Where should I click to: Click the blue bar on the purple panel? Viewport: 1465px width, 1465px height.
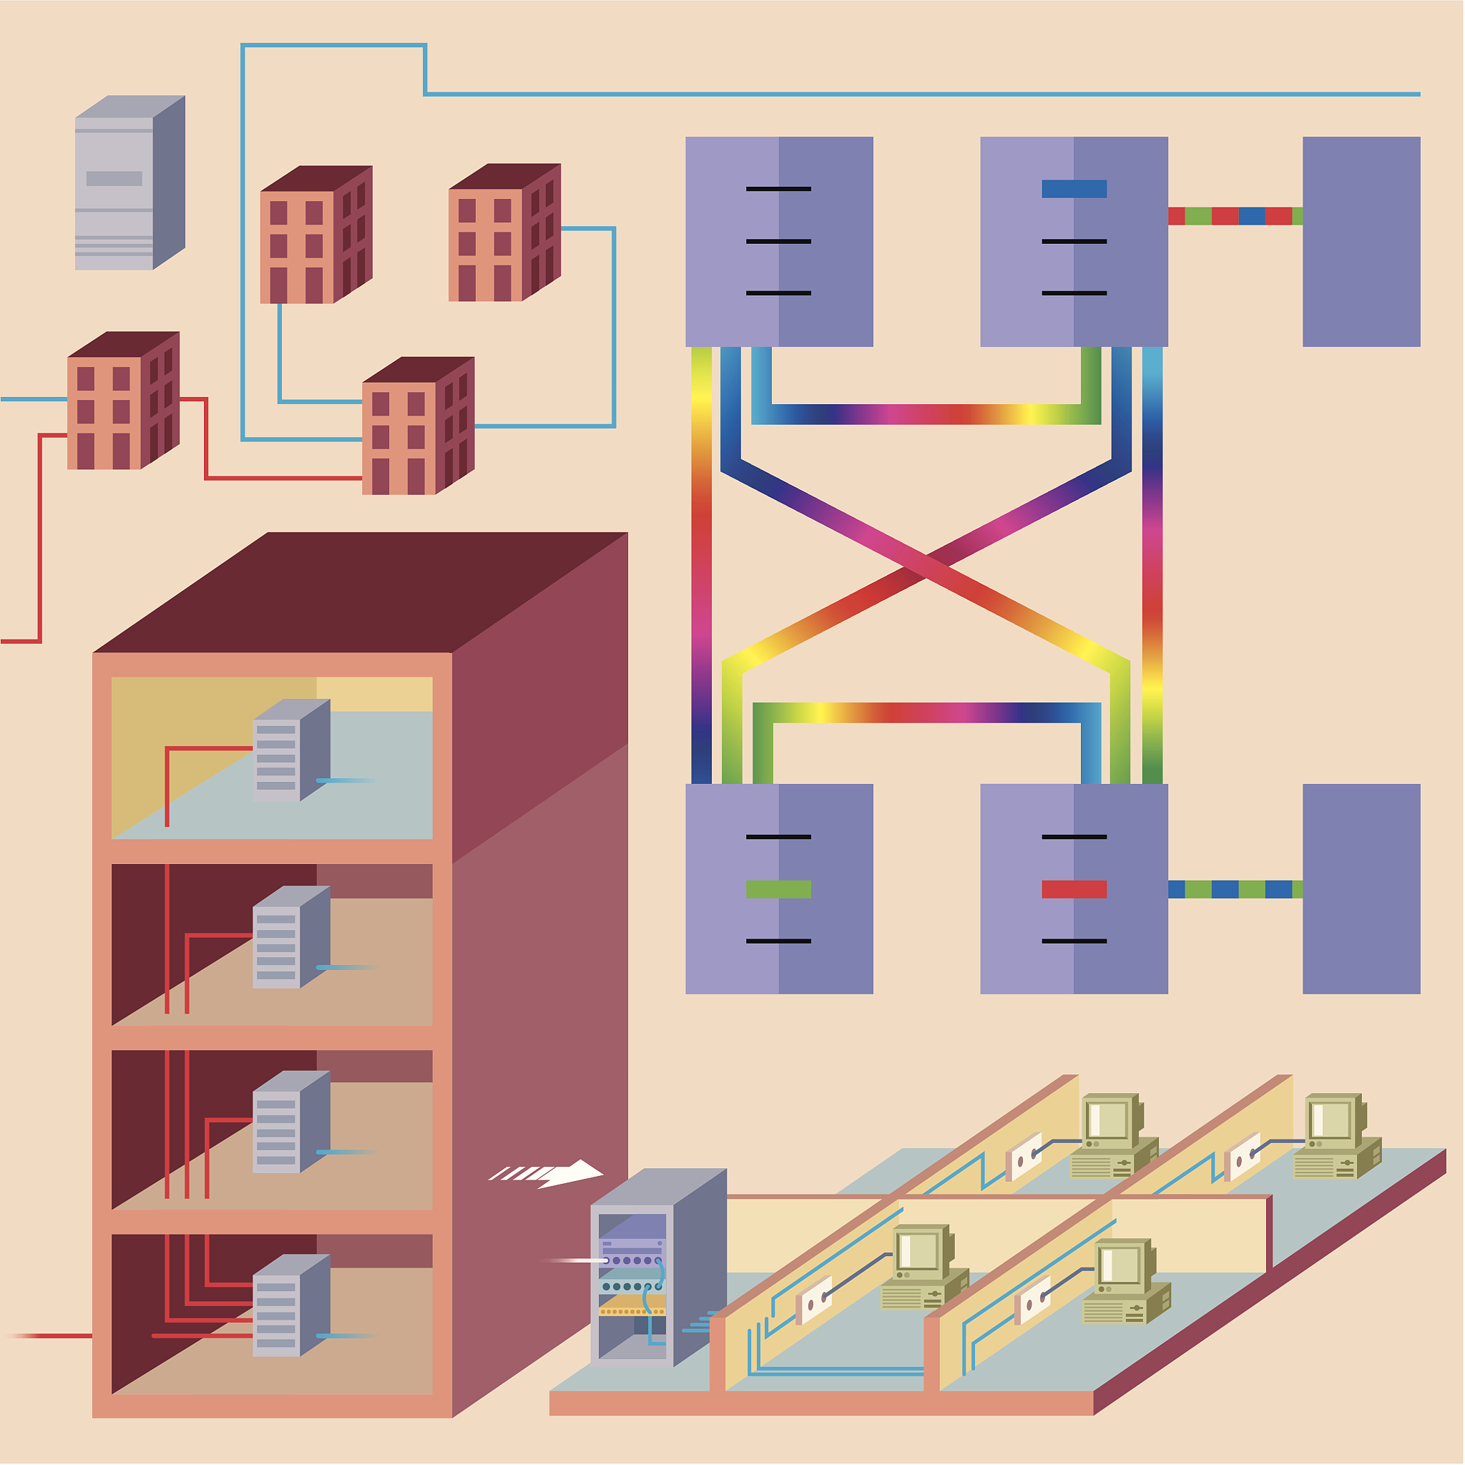pyautogui.click(x=1074, y=189)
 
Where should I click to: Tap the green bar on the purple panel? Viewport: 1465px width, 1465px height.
pyautogui.click(x=778, y=889)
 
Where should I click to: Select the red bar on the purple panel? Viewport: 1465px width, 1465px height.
pyautogui.click(x=1074, y=889)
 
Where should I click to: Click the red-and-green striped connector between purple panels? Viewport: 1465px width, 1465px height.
pyautogui.click(x=1235, y=216)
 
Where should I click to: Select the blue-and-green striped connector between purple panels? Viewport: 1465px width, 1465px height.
pyautogui.click(x=1235, y=889)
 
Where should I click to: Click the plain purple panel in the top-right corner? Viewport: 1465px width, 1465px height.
pyautogui.click(x=1361, y=241)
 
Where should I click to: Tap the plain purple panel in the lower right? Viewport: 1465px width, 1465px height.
pyautogui.click(x=1361, y=888)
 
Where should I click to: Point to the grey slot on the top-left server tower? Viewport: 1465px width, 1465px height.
pyautogui.click(x=114, y=179)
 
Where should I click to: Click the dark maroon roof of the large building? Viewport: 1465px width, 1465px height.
pyautogui.click(x=356, y=592)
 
